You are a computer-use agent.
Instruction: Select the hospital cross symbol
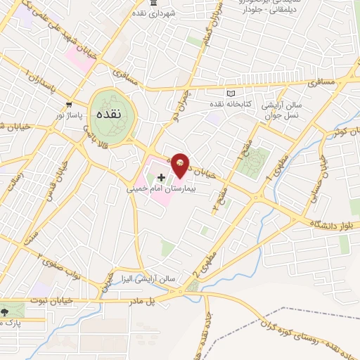tap(162, 176)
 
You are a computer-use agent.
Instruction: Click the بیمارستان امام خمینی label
tap(161, 189)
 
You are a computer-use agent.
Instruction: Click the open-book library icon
tap(230, 93)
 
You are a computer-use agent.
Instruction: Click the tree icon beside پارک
tap(6, 310)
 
